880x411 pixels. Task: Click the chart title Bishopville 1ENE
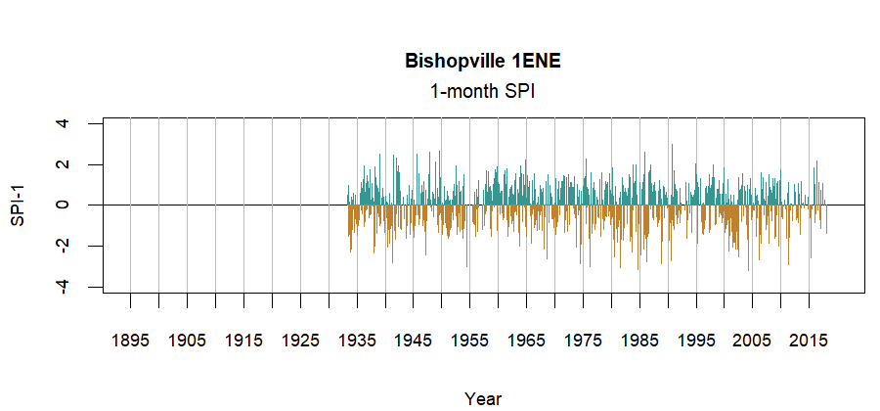(483, 62)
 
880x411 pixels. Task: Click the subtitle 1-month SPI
(483, 91)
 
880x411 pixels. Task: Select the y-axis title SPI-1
(17, 205)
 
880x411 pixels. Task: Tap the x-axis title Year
(483, 398)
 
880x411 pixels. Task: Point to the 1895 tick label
(130, 341)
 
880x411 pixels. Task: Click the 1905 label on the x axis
(187, 341)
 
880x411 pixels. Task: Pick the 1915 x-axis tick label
(243, 341)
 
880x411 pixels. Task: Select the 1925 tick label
(300, 341)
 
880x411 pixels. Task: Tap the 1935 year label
(357, 341)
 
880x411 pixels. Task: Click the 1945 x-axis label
(414, 341)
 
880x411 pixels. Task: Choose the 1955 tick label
(470, 341)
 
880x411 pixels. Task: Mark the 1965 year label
(527, 341)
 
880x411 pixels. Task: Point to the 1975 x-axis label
(584, 341)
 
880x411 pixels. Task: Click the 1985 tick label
(640, 341)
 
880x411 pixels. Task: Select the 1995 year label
(697, 341)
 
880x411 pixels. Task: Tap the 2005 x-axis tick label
(754, 341)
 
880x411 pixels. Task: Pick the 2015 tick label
(811, 341)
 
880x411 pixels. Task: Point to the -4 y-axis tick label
(64, 286)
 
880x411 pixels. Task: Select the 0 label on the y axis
(64, 205)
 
